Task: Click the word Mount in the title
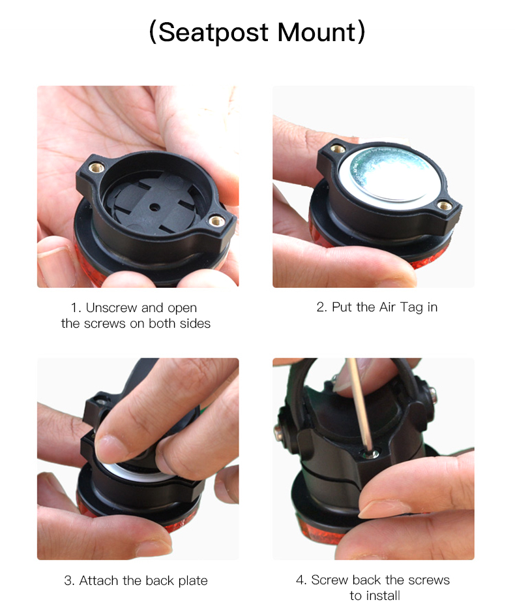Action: (317, 32)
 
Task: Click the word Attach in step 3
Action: (99, 580)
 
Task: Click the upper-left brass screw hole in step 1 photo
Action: (96, 168)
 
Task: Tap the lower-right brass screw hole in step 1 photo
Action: (216, 221)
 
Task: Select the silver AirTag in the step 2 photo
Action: (391, 179)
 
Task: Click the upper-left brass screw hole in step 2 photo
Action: (338, 149)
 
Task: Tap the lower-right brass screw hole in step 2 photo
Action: (445, 205)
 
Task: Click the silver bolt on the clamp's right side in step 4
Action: (432, 395)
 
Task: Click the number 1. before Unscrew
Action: (76, 308)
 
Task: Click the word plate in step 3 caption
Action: (193, 581)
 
